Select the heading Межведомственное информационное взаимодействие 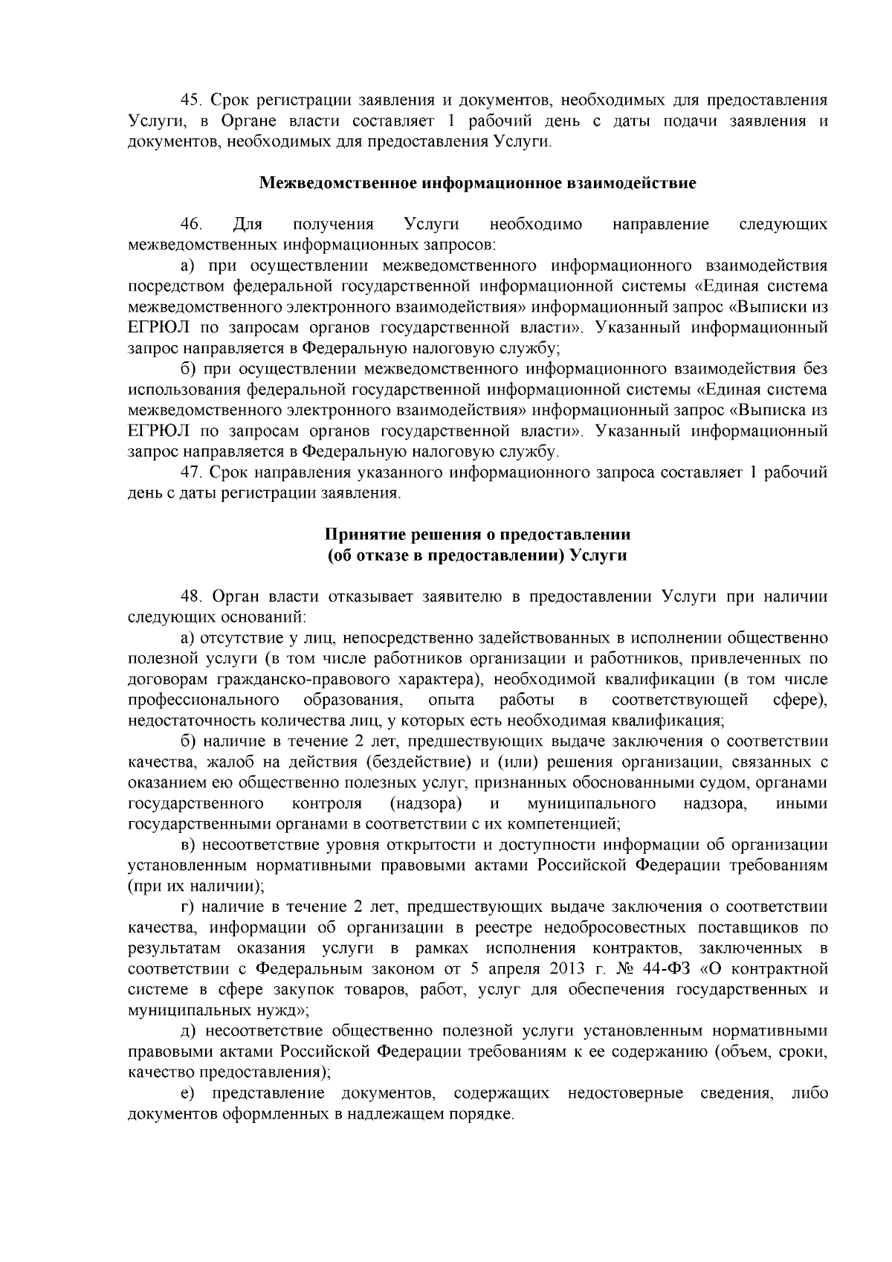click(x=477, y=183)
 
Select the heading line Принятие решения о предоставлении click(x=478, y=535)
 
